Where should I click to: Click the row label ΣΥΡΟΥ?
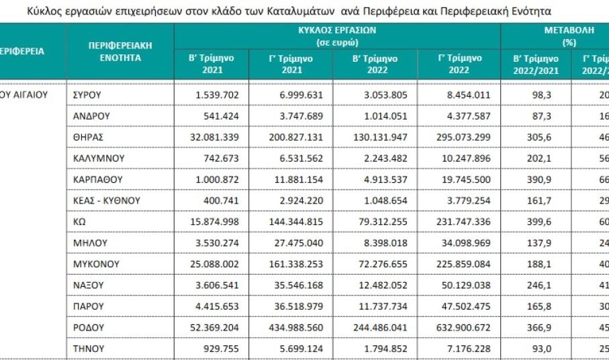[x=87, y=95]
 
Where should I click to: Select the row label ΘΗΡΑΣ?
[x=86, y=137]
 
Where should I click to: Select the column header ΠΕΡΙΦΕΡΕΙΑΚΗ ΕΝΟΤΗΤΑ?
[x=120, y=52]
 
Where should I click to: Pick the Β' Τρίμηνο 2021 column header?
[x=212, y=64]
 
